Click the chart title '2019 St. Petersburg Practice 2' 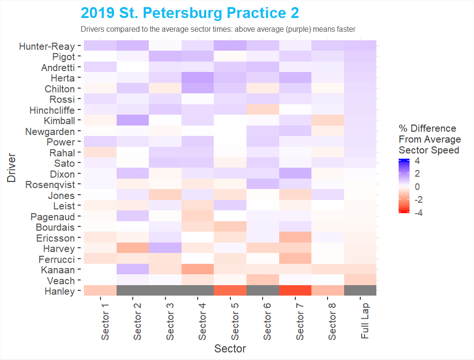[x=190, y=13]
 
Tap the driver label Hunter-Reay [x=47, y=46]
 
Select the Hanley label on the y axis [x=59, y=291]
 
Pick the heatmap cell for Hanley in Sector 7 [x=295, y=290]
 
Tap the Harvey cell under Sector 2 [x=133, y=248]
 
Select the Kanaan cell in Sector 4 [x=198, y=270]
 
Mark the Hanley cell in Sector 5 [x=230, y=290]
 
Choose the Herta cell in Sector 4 [x=198, y=77]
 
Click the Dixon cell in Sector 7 [x=295, y=173]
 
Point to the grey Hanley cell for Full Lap [x=360, y=290]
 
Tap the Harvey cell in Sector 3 [x=165, y=248]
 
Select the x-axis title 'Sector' [x=230, y=349]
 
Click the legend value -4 [x=419, y=213]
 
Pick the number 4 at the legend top [x=417, y=161]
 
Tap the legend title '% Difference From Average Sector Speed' [x=429, y=139]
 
